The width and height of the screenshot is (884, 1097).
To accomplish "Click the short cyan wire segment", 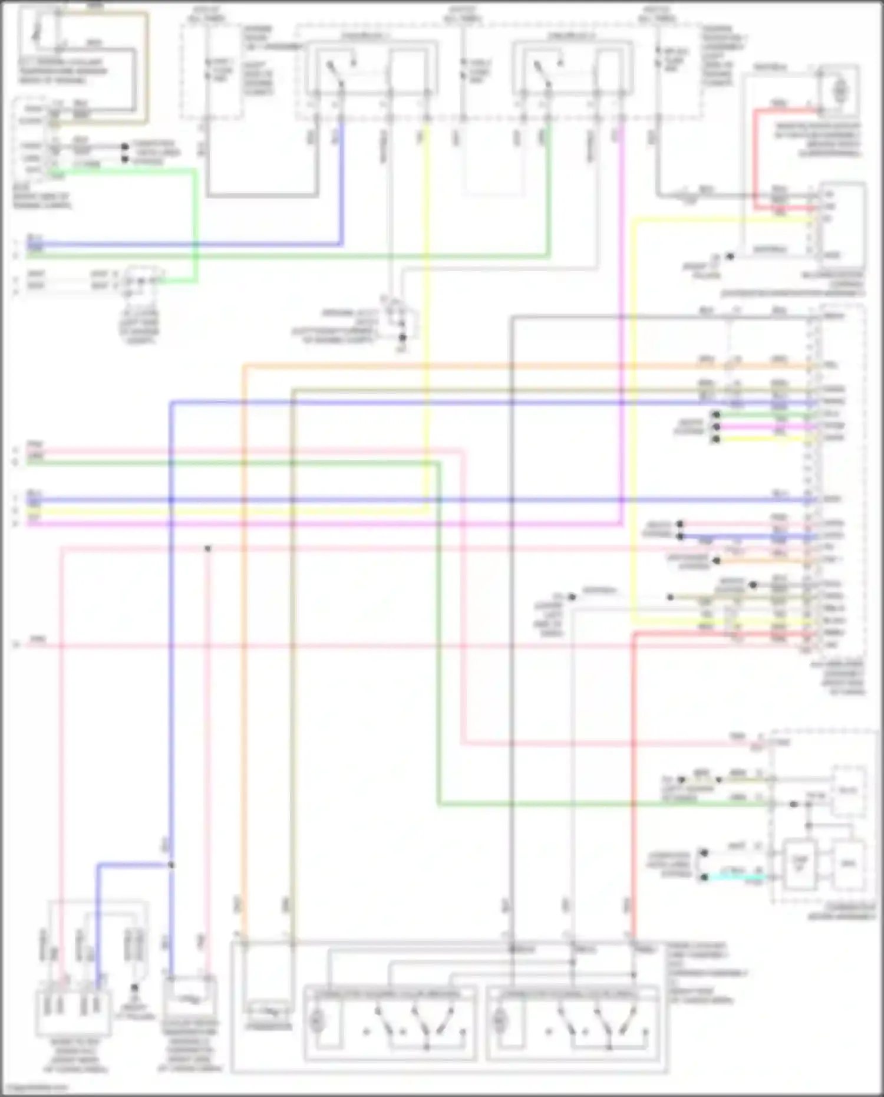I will (x=737, y=877).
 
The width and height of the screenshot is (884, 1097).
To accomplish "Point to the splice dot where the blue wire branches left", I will (x=171, y=865).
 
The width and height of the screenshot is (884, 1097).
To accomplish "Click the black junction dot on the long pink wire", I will (x=207, y=549).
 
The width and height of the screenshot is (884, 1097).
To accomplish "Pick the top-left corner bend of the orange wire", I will (x=244, y=367).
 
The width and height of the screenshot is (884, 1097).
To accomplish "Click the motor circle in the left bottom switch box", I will (x=317, y=1021).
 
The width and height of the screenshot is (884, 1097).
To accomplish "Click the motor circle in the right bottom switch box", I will (x=500, y=1021).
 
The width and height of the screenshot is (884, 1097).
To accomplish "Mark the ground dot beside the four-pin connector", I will (x=134, y=987).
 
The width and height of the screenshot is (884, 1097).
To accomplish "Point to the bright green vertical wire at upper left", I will (x=195, y=224).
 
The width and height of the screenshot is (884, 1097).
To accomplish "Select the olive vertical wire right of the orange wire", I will (x=293, y=648).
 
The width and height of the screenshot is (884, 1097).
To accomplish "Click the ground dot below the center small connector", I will (x=403, y=338).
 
